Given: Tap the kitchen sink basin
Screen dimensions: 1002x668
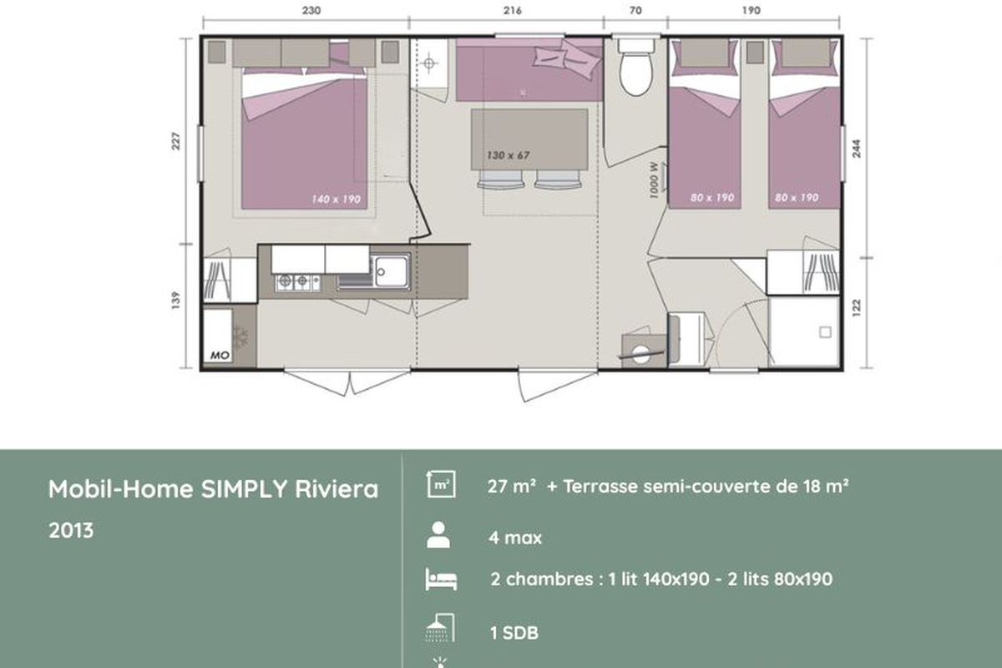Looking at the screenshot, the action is (391, 271).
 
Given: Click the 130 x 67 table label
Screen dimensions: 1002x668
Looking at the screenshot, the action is (509, 155).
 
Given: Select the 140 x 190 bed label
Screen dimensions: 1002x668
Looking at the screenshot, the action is (336, 199).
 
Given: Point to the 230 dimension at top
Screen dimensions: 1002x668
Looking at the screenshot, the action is (311, 10).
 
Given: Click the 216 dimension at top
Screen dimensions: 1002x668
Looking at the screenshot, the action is (512, 10).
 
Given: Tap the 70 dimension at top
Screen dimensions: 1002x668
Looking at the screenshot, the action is (635, 10).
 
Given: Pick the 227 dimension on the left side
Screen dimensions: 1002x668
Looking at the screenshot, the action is (176, 141).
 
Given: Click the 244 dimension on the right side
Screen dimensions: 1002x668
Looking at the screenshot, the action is (856, 149).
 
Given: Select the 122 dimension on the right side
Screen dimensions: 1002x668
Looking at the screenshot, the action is (856, 308).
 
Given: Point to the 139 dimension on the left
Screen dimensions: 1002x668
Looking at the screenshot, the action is (176, 300).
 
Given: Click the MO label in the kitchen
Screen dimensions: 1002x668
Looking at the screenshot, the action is (220, 355).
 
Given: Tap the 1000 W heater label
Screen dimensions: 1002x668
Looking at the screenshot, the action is (654, 180).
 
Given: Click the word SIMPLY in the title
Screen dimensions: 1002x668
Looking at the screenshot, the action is (244, 489).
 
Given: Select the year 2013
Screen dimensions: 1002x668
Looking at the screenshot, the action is (71, 530).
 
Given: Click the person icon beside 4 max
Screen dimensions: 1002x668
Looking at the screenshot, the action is (438, 534).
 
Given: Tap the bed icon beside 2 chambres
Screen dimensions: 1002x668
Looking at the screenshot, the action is (441, 579).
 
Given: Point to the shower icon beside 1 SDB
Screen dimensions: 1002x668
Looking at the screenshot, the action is (440, 627).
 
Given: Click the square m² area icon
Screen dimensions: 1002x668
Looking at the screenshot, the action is (441, 484).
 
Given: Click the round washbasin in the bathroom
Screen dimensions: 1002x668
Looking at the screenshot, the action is (640, 353).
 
